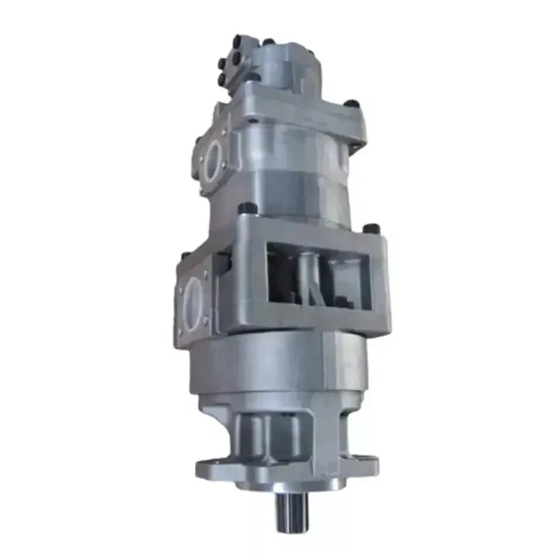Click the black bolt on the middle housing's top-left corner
(x=245, y=207)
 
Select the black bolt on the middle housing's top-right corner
(x=373, y=228)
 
